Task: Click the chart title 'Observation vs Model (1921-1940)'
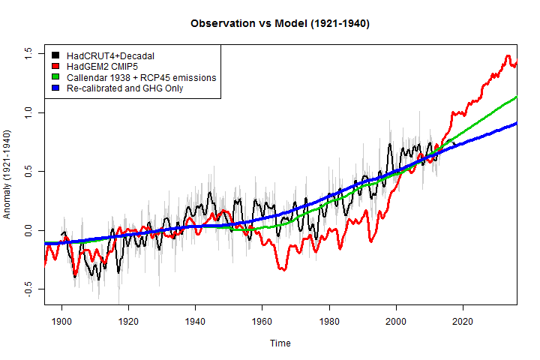click(280, 24)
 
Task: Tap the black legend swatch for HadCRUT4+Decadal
click(55, 55)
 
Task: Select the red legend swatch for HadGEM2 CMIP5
click(55, 66)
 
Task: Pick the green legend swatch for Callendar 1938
click(55, 77)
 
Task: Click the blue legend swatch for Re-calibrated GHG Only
click(55, 88)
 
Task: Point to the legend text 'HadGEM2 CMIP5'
click(101, 66)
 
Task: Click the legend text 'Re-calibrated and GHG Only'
click(124, 88)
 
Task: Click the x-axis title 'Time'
click(280, 343)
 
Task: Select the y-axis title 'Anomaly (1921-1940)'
click(9, 173)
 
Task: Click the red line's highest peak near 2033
click(508, 56)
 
